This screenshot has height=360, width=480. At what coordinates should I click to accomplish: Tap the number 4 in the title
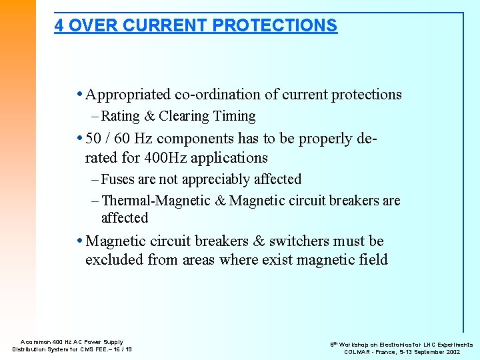click(x=59, y=25)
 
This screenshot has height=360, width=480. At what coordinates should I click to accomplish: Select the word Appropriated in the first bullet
click(x=128, y=95)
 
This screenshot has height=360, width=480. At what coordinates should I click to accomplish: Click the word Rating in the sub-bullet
click(x=120, y=116)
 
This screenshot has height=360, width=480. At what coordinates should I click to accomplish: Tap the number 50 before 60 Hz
click(x=95, y=139)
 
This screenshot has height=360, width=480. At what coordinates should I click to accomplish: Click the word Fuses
click(x=118, y=179)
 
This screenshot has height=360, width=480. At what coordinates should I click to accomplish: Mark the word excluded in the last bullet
click(x=114, y=259)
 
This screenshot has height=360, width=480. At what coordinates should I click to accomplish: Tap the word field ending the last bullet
click(x=372, y=259)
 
